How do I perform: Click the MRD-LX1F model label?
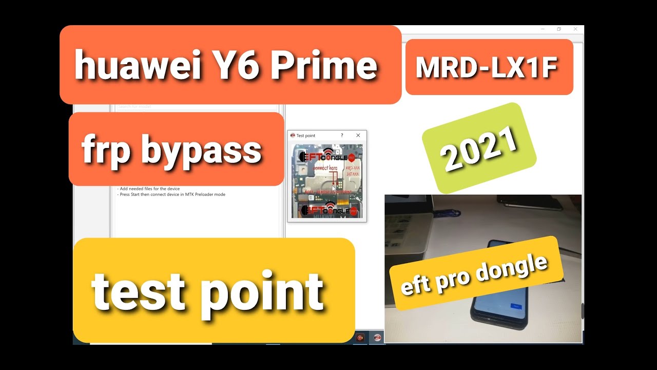click(487, 67)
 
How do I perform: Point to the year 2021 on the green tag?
click(479, 149)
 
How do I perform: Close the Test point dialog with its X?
click(358, 136)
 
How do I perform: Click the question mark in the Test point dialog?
click(342, 136)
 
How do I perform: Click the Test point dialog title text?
click(306, 136)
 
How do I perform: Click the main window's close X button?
click(575, 29)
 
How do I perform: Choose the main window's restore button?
click(559, 29)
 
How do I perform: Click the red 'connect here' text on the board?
click(325, 168)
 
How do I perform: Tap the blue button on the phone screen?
click(516, 306)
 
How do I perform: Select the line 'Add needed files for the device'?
click(149, 189)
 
